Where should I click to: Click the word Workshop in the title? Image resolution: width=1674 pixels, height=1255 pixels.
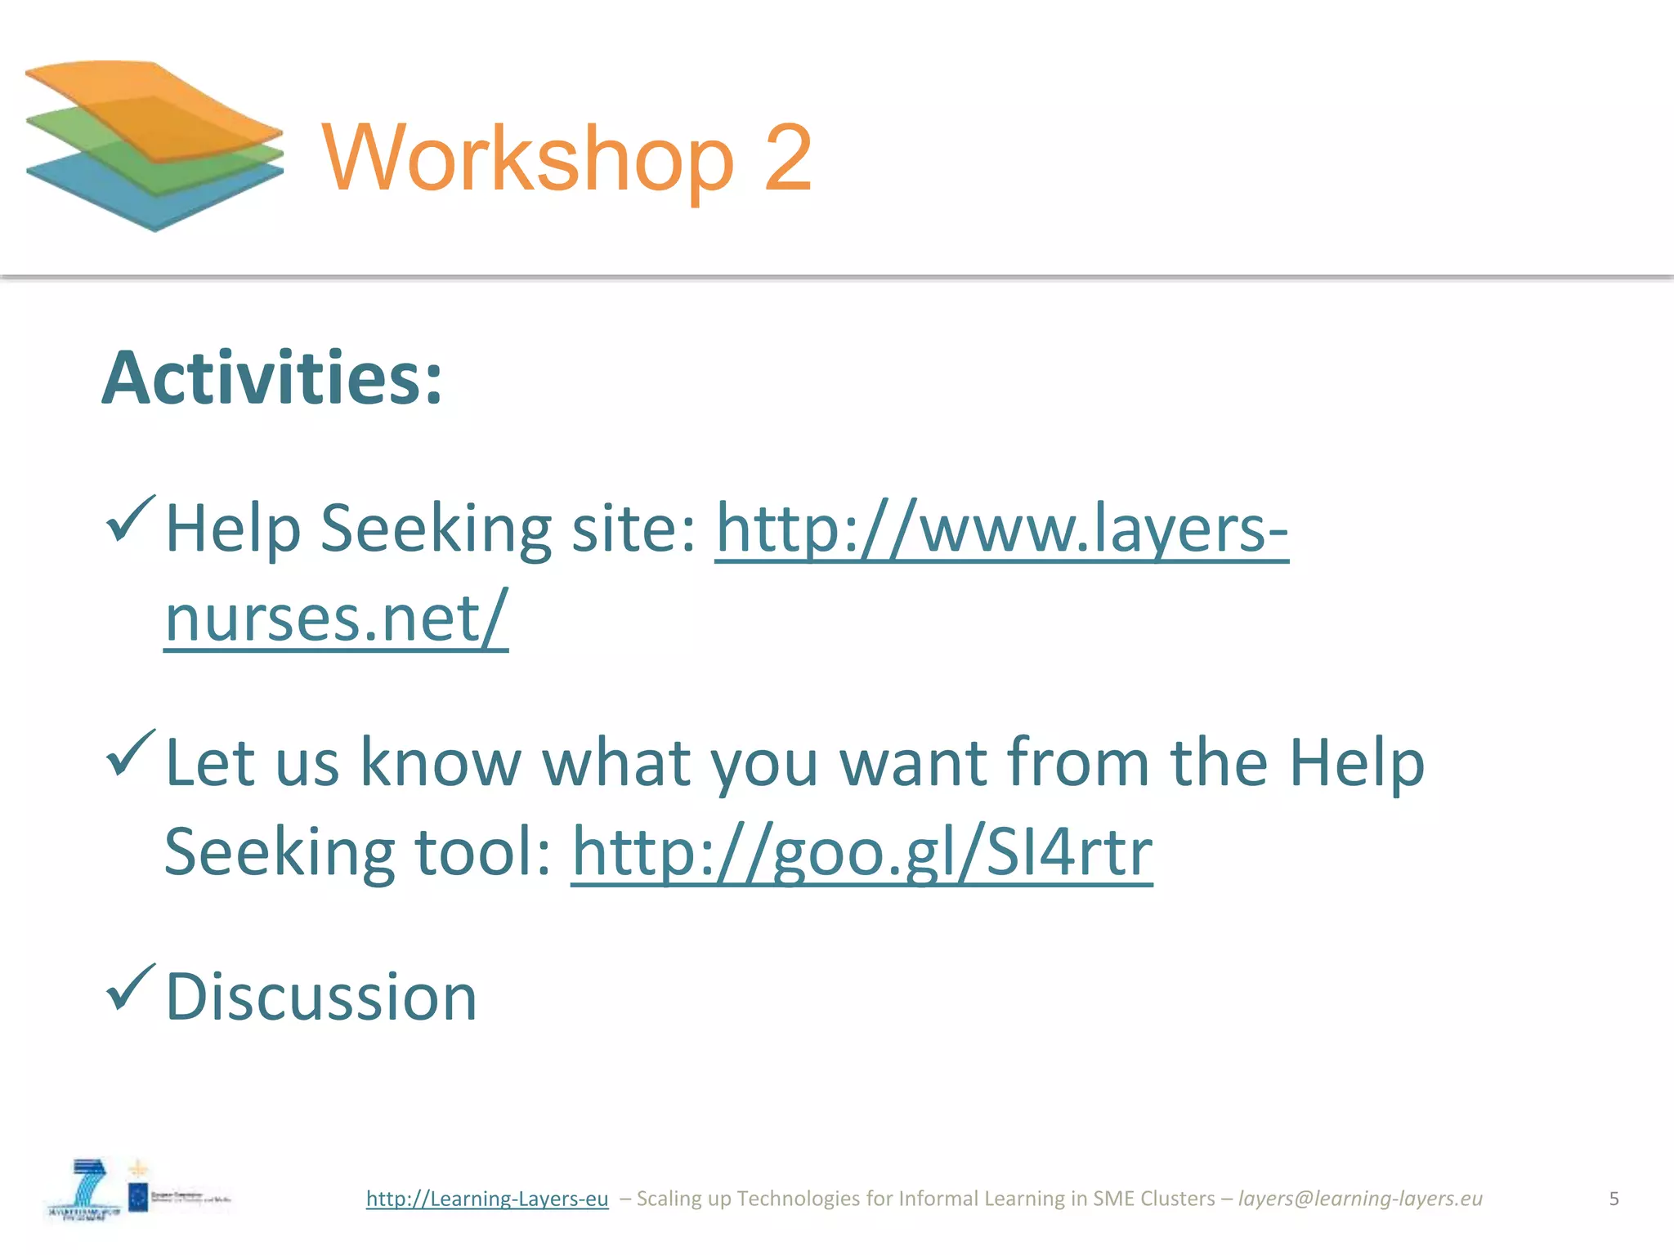click(528, 157)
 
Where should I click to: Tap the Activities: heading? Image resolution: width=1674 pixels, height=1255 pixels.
click(272, 377)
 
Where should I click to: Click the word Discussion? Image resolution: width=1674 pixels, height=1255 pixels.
click(321, 997)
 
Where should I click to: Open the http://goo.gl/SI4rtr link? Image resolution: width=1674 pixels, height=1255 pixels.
click(862, 851)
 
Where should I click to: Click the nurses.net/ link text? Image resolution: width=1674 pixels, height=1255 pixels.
click(336, 618)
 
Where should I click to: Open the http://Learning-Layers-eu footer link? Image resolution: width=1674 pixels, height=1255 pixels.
click(487, 1198)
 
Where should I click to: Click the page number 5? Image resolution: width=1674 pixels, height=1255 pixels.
click(1614, 1198)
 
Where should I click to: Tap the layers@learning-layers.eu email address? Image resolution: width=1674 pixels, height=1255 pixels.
click(1360, 1198)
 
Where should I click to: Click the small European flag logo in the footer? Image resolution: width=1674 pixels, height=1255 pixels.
click(138, 1198)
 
